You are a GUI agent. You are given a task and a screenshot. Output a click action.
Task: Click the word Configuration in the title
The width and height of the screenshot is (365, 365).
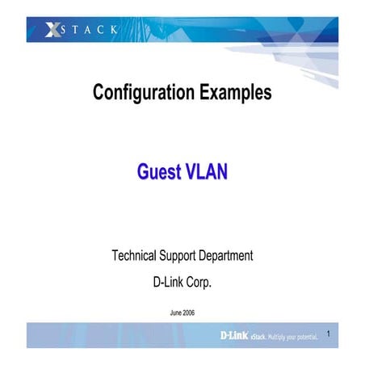point(142,93)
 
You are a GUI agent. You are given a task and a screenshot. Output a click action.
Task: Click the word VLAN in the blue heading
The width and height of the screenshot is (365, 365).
point(207,171)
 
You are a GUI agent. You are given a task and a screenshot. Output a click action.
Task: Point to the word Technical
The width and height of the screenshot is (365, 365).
point(139,256)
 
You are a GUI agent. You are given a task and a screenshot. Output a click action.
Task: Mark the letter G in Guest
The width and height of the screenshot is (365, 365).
point(144,171)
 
